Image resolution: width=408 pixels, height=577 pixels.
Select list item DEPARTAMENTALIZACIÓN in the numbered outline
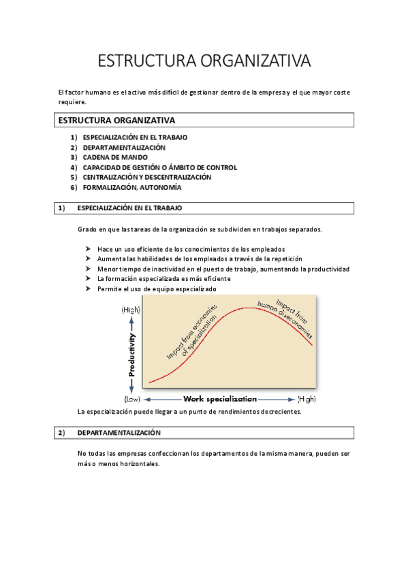(124, 147)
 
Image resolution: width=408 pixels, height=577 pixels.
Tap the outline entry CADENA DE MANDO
(114, 157)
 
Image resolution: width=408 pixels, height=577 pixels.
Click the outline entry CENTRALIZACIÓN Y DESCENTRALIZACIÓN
(147, 177)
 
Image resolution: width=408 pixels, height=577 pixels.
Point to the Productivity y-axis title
(131, 354)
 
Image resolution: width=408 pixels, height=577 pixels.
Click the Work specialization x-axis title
(220, 399)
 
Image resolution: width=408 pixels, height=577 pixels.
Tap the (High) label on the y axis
(131, 310)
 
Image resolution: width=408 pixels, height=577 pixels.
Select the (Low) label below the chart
(131, 399)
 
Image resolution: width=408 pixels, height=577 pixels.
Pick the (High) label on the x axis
(307, 399)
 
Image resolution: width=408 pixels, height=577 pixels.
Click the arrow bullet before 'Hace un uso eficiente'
(88, 249)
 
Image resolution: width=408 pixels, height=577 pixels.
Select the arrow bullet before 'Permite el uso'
(88, 288)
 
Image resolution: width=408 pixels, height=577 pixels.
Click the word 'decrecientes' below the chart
(279, 412)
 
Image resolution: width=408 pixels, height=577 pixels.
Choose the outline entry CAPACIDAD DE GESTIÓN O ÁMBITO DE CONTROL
(160, 167)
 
